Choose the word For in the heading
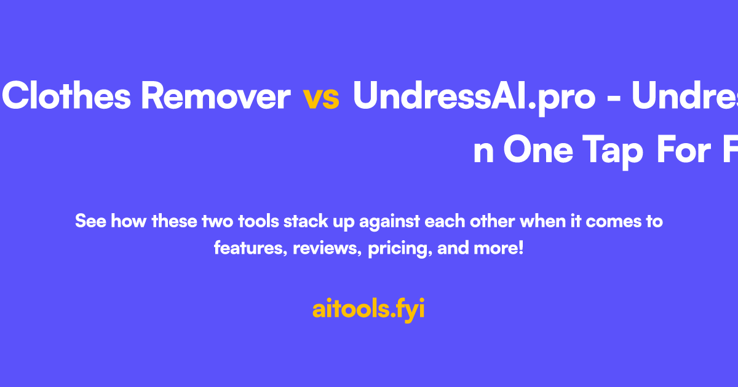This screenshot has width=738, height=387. point(683,151)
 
